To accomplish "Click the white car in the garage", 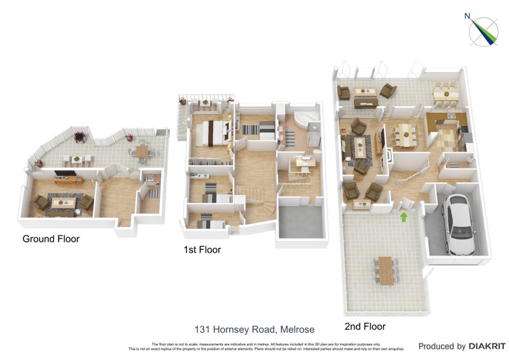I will (458, 223).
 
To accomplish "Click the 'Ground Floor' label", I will (51, 239).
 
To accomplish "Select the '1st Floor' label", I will (202, 250).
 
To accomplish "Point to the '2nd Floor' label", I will (365, 326).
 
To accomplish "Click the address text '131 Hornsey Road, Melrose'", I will (254, 329).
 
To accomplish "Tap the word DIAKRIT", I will (487, 347).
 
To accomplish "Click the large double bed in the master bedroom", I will (213, 132).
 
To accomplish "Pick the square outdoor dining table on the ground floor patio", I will (141, 151).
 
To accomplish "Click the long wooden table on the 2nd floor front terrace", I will (386, 270).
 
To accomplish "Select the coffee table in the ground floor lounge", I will (63, 204).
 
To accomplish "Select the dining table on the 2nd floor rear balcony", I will (446, 94).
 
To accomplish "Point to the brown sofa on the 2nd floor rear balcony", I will (365, 102).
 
